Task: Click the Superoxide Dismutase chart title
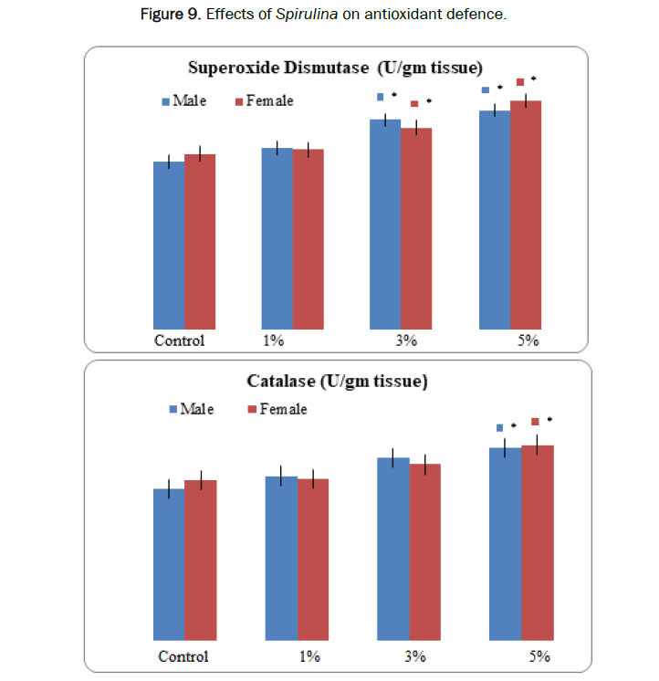[x=335, y=68]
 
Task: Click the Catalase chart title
[x=337, y=381]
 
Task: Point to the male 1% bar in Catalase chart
[x=281, y=558]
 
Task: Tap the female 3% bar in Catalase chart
[x=424, y=551]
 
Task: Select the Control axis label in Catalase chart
[x=183, y=656]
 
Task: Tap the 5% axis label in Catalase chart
[x=539, y=656]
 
